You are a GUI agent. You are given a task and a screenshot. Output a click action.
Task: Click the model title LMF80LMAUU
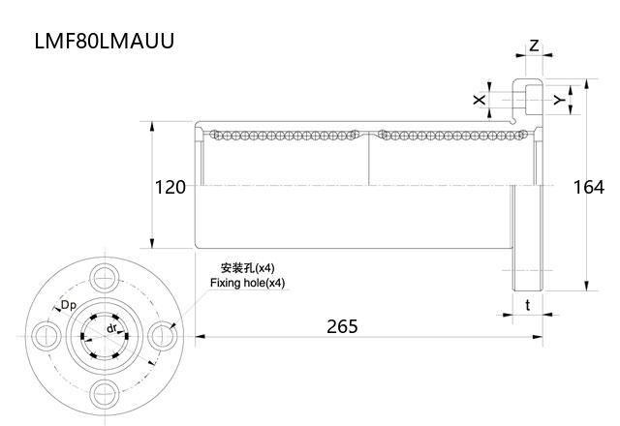[105, 44]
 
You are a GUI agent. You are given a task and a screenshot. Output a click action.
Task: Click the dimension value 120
[170, 187]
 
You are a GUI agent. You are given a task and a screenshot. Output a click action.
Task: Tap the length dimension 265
[342, 326]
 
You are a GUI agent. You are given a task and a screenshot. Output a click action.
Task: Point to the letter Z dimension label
[534, 46]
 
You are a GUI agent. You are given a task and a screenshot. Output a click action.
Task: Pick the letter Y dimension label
[557, 100]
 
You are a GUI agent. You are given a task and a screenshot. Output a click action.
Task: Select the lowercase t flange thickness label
[527, 305]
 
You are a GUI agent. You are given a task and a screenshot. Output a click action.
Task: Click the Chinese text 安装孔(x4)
[247, 267]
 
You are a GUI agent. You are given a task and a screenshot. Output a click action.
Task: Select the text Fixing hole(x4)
[248, 283]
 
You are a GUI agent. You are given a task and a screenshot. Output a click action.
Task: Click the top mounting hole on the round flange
[104, 275]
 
